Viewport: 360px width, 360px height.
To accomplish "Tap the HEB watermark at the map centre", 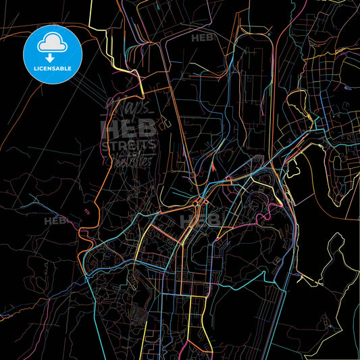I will (200, 220).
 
